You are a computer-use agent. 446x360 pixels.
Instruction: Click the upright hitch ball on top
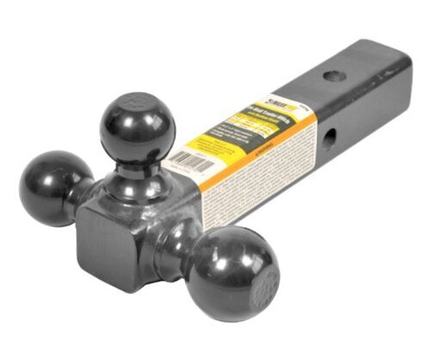[x=137, y=127]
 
